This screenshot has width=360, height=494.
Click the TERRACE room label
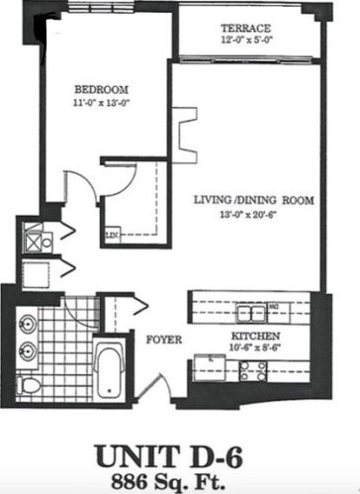point(244,28)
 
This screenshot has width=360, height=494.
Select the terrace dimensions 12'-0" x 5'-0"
point(244,41)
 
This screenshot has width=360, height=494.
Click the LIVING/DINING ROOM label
point(253,199)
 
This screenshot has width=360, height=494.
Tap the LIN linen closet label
point(111,235)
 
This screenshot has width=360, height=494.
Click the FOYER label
point(163,337)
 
